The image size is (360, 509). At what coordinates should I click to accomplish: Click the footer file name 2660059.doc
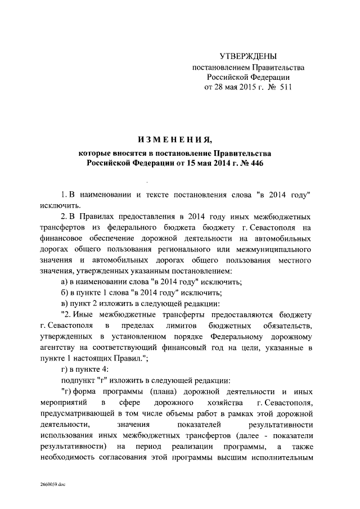pyautogui.click(x=53, y=484)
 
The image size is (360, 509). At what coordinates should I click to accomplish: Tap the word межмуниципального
pyautogui.click(x=275, y=249)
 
